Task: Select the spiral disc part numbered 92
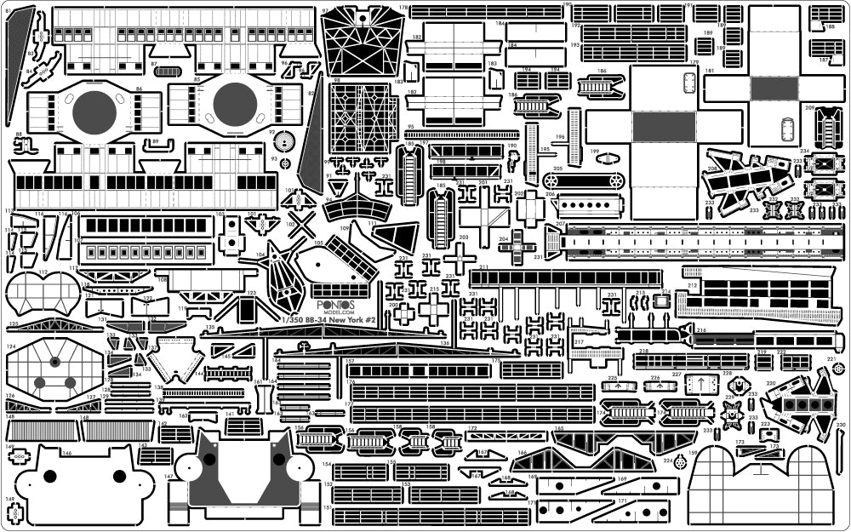pyautogui.click(x=283, y=141)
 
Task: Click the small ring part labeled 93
pyautogui.click(x=284, y=163)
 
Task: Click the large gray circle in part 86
pyautogui.click(x=94, y=112)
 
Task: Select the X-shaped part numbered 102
pyautogui.click(x=301, y=225)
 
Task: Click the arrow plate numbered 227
pyautogui.click(x=702, y=385)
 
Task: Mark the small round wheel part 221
pyautogui.click(x=839, y=368)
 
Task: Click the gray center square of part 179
pyautogui.click(x=664, y=127)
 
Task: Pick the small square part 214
pyautogui.click(x=660, y=302)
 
